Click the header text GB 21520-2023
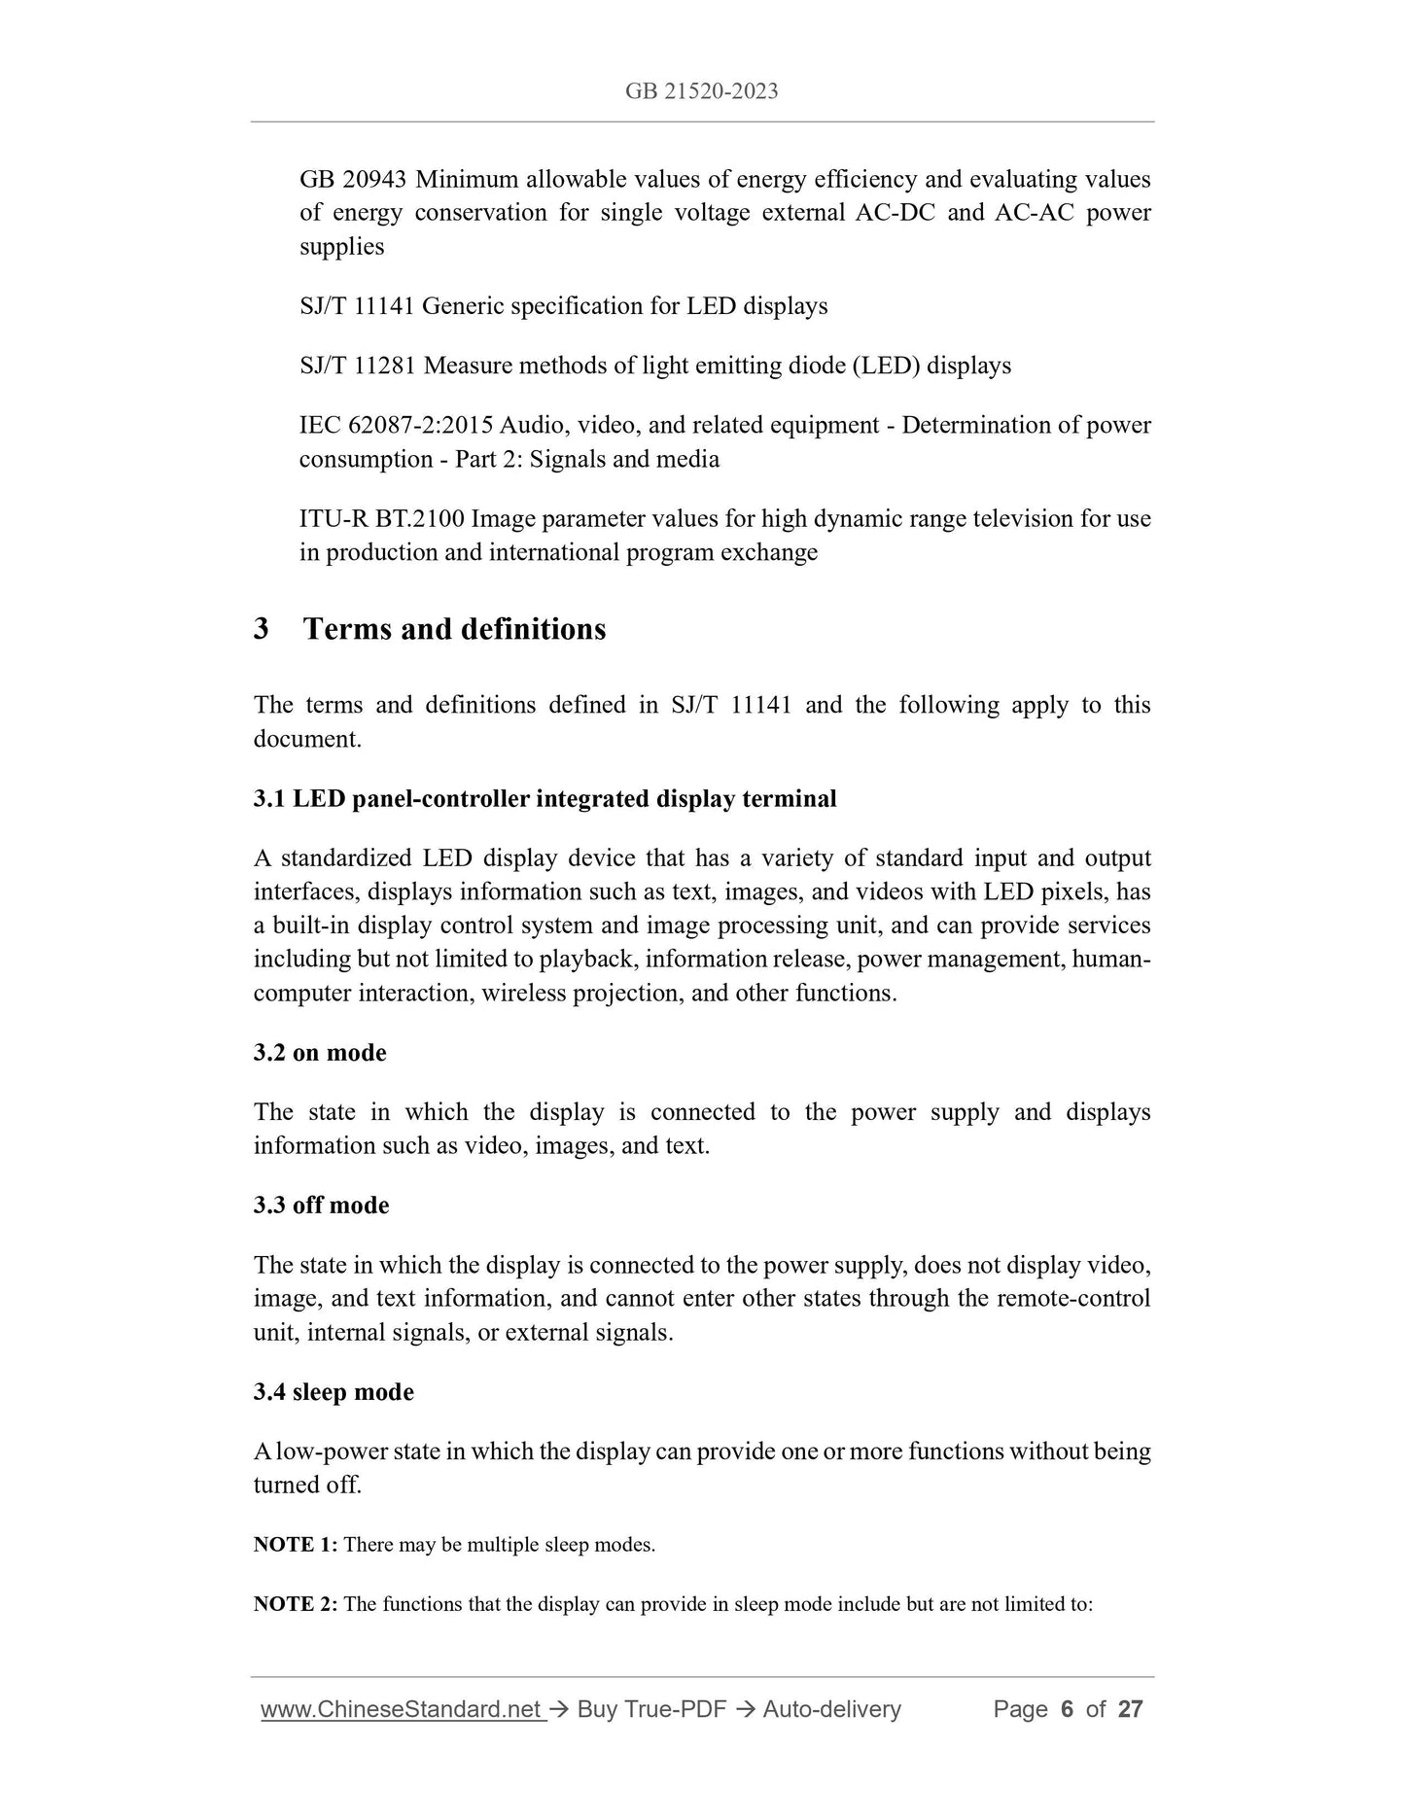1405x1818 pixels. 701,91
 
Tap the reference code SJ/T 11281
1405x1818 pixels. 358,366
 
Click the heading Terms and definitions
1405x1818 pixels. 454,629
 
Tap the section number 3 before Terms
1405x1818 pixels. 262,629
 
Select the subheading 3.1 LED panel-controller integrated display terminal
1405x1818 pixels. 544,799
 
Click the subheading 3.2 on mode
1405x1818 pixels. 320,1053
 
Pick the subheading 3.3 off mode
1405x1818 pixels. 321,1206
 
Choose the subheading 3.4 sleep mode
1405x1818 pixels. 334,1392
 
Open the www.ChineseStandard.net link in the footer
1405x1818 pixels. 402,1709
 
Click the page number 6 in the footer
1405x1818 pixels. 1067,1709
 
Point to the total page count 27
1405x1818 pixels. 1130,1709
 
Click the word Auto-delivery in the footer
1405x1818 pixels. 831,1709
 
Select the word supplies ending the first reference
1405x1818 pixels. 341,247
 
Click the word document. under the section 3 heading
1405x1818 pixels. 307,739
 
